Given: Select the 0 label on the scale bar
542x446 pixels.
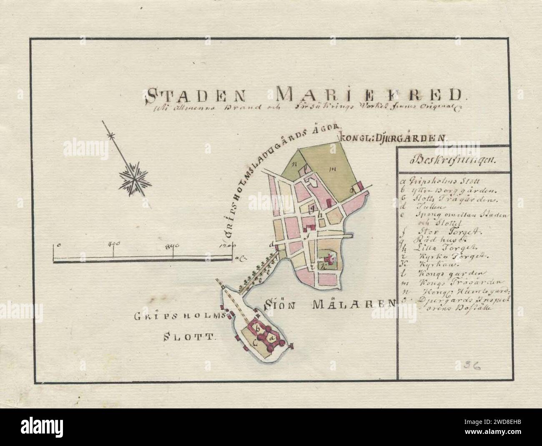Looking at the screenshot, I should pos(59,245).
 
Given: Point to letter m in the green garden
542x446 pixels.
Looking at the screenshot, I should pos(333,169).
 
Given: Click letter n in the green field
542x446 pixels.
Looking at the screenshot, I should pos(294,164).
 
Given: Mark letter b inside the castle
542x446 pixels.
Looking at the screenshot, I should pos(258,328).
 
